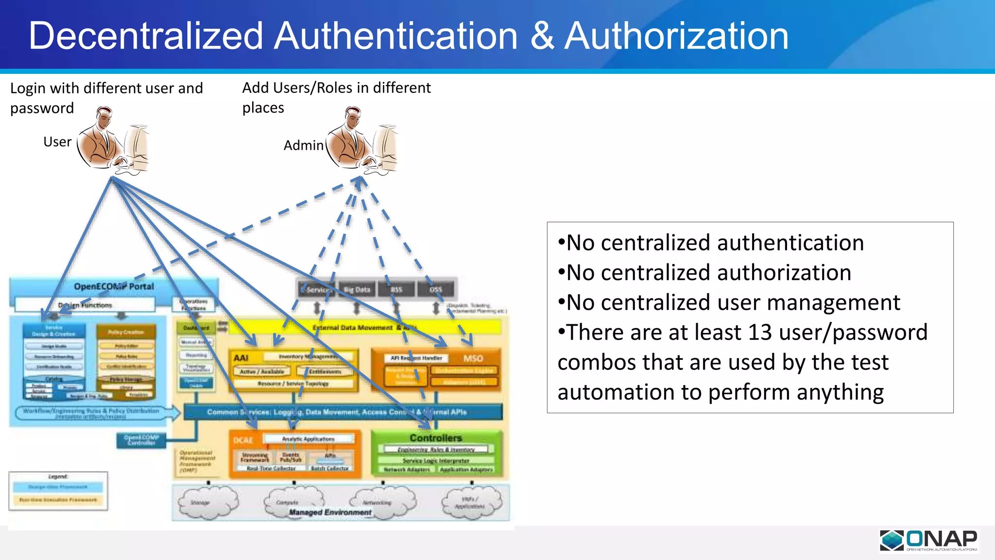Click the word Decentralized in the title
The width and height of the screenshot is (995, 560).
146,36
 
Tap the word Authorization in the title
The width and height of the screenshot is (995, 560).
676,36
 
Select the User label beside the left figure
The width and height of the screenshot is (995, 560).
57,142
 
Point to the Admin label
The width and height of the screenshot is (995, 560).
303,145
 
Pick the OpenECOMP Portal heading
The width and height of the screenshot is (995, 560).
114,287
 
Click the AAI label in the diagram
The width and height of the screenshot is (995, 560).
241,358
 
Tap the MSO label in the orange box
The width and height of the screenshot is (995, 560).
473,359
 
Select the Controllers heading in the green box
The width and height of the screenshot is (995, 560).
436,438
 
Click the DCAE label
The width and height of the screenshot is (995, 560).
243,440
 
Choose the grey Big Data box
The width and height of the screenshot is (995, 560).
357,290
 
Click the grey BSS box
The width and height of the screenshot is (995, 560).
396,290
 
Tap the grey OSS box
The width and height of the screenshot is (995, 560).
436,290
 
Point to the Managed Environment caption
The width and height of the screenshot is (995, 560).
330,512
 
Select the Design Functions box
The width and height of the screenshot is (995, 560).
85,305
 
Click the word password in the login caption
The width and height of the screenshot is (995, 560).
42,108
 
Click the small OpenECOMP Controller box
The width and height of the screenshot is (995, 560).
141,440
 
